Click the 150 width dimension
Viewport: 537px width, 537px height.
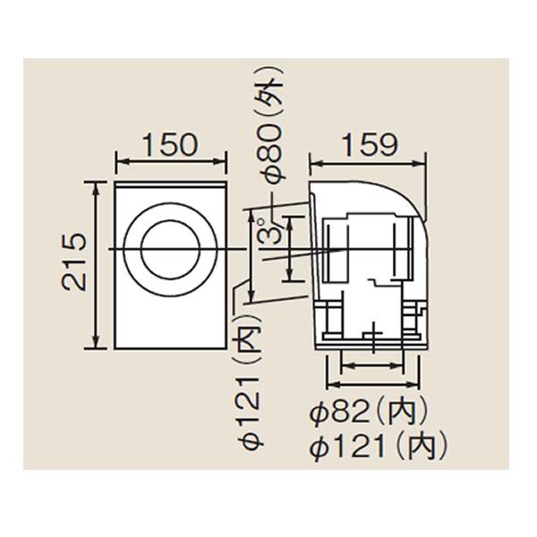point(170,144)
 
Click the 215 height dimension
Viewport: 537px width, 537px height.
point(73,262)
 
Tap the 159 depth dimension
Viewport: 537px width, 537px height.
point(371,144)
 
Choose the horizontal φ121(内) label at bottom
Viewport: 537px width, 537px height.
point(379,447)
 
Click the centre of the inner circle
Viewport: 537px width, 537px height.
point(170,250)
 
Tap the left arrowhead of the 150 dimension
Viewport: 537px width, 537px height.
point(120,160)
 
